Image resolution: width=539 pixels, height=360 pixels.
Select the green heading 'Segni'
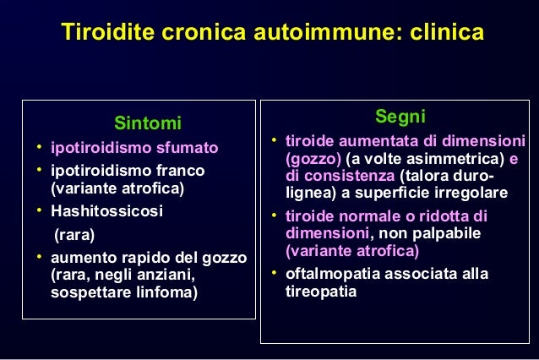pyautogui.click(x=400, y=116)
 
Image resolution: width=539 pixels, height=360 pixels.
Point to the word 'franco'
pyautogui.click(x=180, y=171)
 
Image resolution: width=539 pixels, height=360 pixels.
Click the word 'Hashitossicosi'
pyautogui.click(x=107, y=210)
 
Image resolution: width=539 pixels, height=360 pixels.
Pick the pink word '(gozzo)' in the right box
pyautogui.click(x=313, y=159)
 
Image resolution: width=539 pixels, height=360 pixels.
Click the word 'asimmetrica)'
pyautogui.click(x=462, y=159)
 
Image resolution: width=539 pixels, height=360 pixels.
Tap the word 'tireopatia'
pyautogui.click(x=322, y=292)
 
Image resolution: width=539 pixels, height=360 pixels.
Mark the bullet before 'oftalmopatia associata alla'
pyautogui.click(x=274, y=273)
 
